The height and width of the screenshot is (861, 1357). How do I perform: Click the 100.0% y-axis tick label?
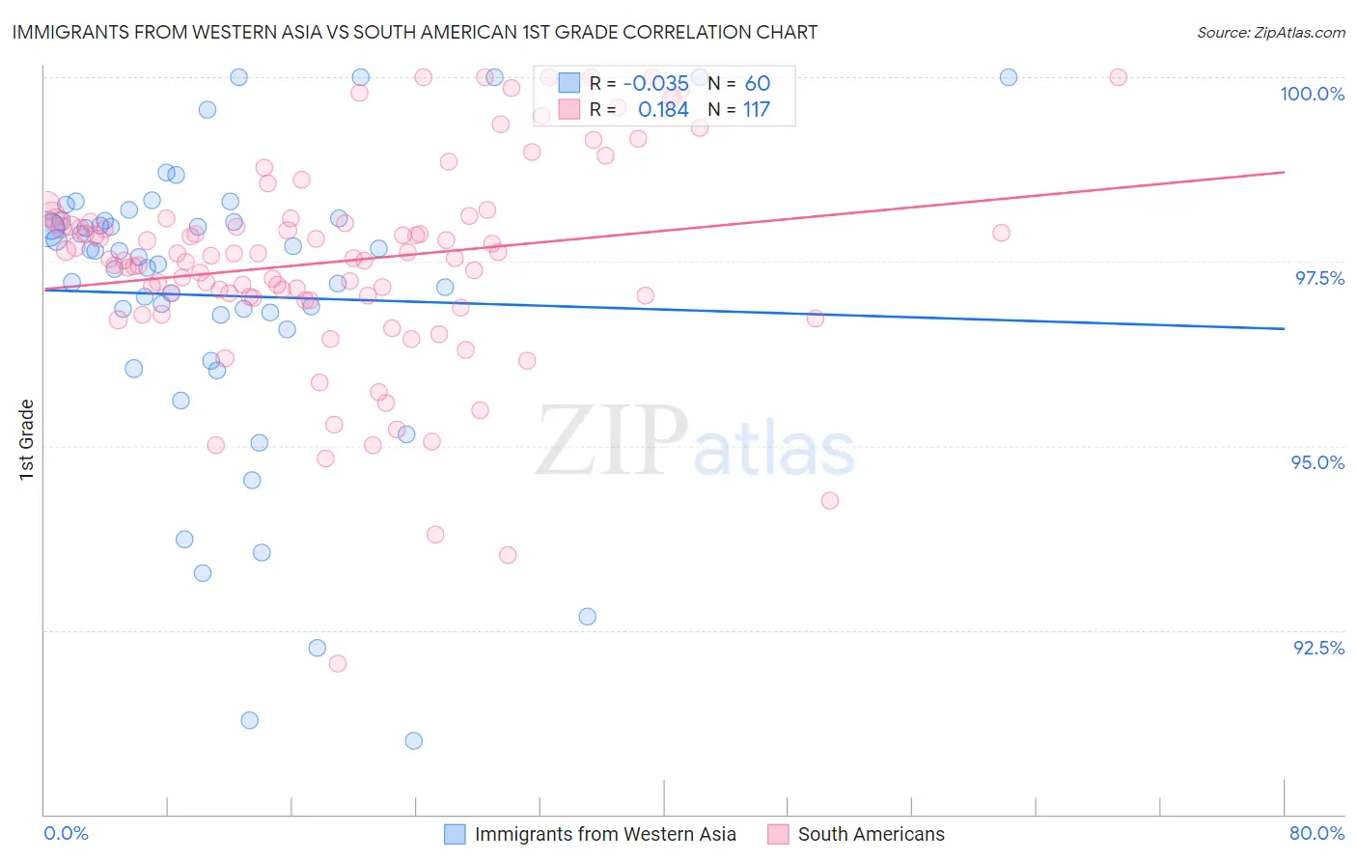tap(1312, 94)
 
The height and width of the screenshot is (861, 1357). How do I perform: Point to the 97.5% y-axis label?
tap(1318, 278)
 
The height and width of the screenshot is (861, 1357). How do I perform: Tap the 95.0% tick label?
tap(1317, 462)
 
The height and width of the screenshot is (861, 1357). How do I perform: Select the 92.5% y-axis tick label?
tap(1318, 648)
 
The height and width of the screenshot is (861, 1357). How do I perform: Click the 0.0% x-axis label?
tap(66, 833)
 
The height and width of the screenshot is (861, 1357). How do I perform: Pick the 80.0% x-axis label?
tap(1316, 833)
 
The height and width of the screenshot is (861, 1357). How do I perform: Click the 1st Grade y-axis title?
tap(27, 439)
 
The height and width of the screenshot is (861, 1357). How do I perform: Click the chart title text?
tap(415, 32)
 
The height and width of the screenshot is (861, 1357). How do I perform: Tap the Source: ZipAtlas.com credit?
tap(1270, 32)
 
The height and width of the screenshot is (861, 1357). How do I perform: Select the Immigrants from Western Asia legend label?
tap(605, 834)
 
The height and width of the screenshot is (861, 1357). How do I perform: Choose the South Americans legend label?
tap(871, 834)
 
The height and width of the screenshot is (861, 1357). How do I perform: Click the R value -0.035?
tap(655, 84)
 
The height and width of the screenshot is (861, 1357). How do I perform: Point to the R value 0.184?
tap(663, 110)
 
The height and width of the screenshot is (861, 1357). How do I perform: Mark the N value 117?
tap(756, 110)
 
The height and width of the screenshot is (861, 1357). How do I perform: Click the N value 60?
tap(757, 84)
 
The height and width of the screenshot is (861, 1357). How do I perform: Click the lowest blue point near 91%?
tap(414, 740)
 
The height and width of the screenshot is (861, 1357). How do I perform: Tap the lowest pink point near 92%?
tap(338, 663)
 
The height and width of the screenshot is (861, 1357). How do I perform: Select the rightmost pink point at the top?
tap(1118, 77)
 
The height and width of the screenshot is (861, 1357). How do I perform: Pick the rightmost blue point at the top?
tap(1009, 77)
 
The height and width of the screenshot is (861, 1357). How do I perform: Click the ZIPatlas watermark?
tap(695, 442)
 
